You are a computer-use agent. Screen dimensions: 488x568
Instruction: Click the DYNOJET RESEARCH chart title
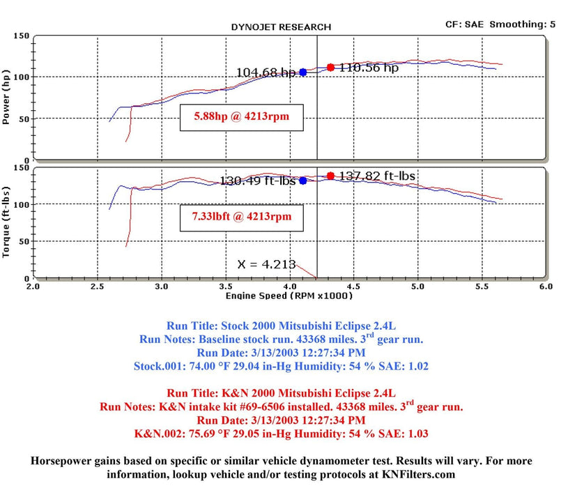click(281, 27)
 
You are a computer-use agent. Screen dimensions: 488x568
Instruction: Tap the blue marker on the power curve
click(302, 72)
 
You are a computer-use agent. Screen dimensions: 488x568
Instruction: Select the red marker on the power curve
click(330, 68)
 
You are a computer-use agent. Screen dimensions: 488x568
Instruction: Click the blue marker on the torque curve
click(302, 181)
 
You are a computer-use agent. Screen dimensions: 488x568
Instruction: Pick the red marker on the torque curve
click(330, 176)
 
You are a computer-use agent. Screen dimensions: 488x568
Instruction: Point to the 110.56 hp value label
click(369, 68)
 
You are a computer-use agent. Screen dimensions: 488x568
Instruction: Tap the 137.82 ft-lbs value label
click(377, 176)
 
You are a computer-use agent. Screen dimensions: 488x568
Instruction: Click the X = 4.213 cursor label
click(266, 264)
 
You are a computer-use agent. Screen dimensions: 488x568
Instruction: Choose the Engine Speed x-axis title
click(289, 296)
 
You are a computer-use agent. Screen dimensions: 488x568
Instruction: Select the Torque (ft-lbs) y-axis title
click(8, 221)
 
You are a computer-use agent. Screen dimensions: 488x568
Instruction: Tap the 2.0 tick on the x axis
click(33, 286)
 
